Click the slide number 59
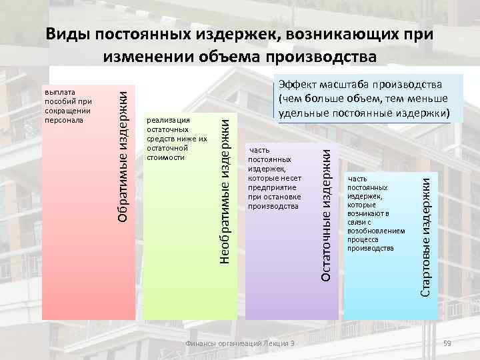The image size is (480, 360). pyautogui.click(x=447, y=343)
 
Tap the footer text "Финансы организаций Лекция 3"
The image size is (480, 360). pyautogui.click(x=241, y=343)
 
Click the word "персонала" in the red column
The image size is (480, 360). pyautogui.click(x=63, y=120)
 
